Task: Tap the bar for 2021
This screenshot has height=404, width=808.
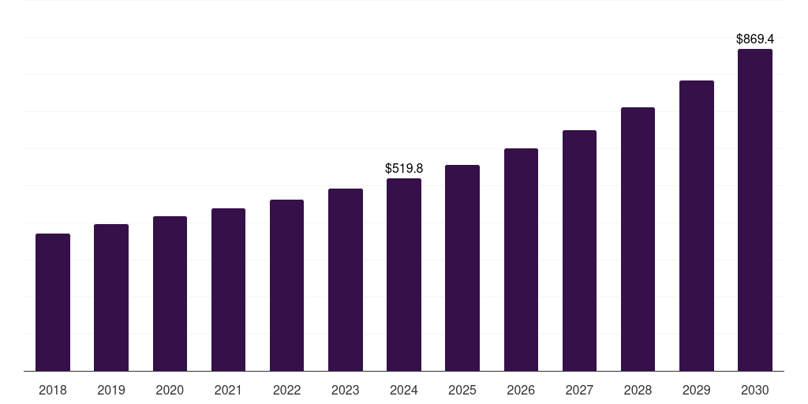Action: tap(228, 290)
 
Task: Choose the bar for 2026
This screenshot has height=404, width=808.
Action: tap(521, 260)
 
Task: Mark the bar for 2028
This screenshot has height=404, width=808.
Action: tap(638, 239)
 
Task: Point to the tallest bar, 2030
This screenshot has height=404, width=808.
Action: tap(755, 210)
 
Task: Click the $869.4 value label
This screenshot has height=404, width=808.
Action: tap(755, 39)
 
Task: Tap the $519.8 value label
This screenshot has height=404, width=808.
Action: tap(404, 168)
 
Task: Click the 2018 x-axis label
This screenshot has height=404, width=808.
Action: tap(53, 390)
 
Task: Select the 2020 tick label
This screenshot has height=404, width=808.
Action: tap(170, 390)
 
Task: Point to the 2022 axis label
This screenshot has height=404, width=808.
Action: tap(287, 390)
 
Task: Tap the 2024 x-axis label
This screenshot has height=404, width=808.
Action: tap(404, 390)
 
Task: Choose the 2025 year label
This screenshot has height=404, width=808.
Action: tap(462, 390)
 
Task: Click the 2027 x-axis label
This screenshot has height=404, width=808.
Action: tap(579, 390)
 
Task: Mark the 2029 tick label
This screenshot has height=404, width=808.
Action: tap(697, 390)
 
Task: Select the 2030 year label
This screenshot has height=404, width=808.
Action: tap(755, 390)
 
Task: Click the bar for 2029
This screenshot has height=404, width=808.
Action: tap(697, 226)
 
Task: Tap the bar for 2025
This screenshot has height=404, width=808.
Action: tap(462, 267)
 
